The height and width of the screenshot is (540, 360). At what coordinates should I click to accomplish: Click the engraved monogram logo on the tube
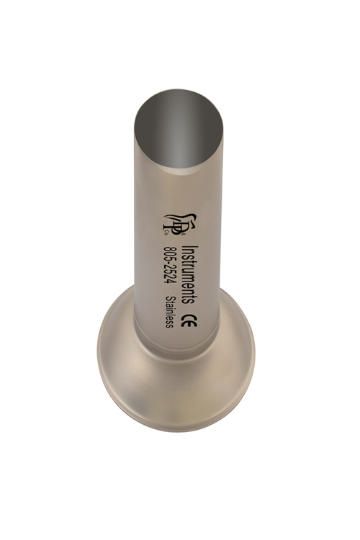point(180,225)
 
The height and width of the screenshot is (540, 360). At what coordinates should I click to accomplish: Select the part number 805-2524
point(170,265)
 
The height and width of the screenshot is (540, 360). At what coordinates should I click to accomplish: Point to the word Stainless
point(169,312)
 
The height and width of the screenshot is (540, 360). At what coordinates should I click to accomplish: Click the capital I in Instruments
point(190,247)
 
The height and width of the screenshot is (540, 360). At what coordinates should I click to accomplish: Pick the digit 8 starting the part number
point(170,248)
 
